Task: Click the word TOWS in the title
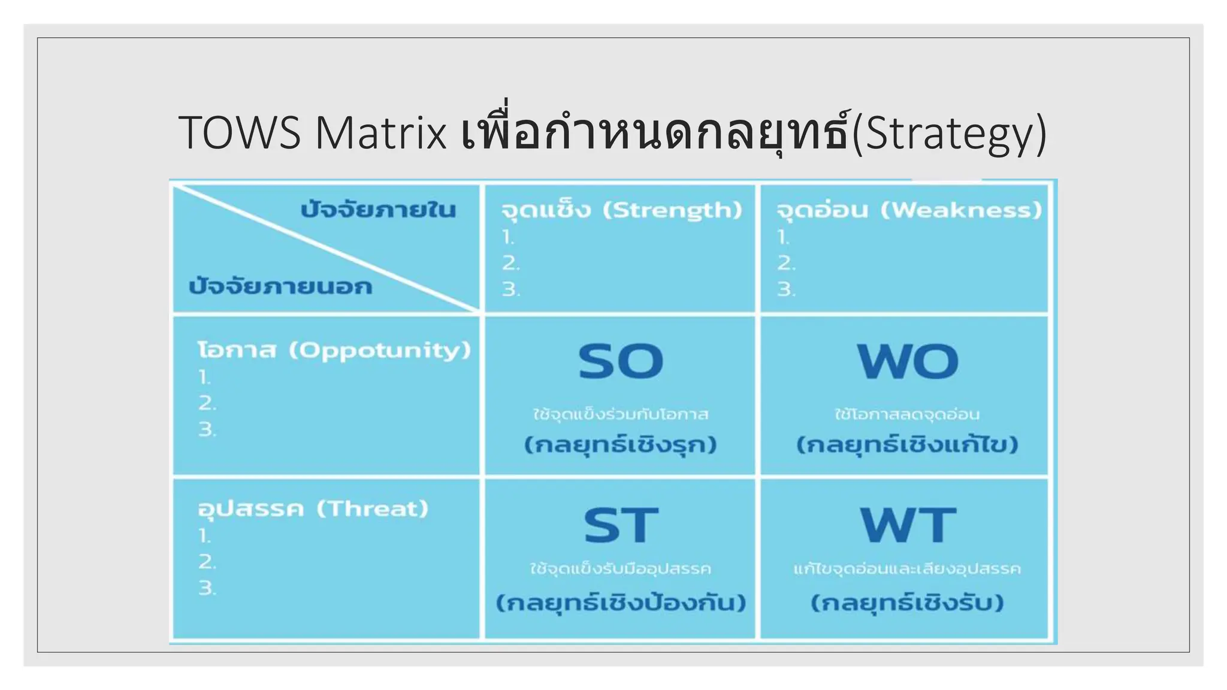coord(239,133)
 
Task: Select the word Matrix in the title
coord(381,133)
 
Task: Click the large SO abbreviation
coord(621,362)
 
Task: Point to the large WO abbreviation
coord(907,362)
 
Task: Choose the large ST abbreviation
coord(621,525)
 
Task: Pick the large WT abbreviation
coord(907,525)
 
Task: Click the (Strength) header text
coord(672,210)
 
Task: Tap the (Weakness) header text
coord(961,210)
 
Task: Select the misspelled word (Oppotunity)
coord(380,350)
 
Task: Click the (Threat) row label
coord(372,509)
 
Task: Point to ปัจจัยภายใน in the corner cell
coord(378,210)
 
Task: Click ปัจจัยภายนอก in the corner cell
coord(280,286)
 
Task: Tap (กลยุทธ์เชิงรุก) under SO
coord(620,445)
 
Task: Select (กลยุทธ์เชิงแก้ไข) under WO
coord(907,445)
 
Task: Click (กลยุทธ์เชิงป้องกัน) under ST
coord(621,603)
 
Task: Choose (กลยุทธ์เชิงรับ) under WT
coord(907,603)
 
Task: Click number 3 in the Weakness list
coord(785,290)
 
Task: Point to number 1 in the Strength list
coord(508,238)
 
